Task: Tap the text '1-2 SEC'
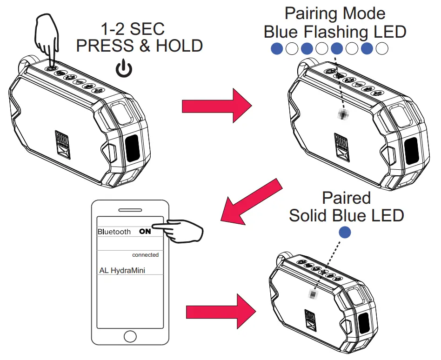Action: point(133,29)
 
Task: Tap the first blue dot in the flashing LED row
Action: point(277,48)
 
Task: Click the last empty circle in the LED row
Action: point(382,48)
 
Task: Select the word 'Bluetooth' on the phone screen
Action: point(114,232)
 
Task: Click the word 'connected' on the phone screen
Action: point(145,255)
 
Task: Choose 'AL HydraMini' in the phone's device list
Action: point(122,270)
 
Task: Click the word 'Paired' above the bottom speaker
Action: point(346,198)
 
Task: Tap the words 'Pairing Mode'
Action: point(334,13)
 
